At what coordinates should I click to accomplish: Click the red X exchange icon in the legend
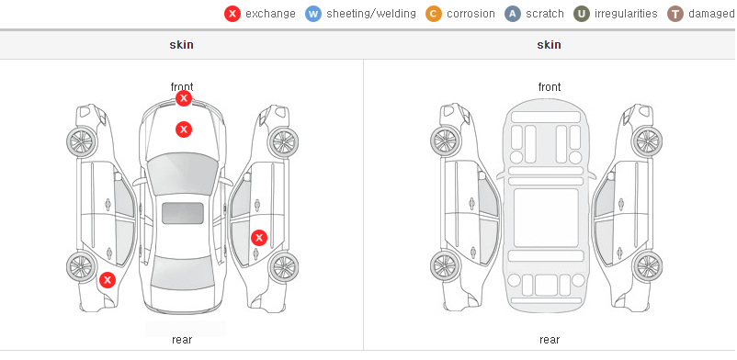coord(232,14)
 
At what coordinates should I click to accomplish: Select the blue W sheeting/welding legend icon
coord(313,14)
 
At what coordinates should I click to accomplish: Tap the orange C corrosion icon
coord(434,14)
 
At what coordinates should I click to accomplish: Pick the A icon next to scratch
coord(513,14)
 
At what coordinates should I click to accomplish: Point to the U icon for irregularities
coord(582,14)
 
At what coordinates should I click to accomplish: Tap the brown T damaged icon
coord(675,14)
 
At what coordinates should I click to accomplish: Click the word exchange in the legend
coord(270,14)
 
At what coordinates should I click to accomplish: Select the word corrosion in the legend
coord(471,14)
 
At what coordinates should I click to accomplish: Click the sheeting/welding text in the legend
coord(371,14)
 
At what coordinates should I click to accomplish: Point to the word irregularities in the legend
coord(626,14)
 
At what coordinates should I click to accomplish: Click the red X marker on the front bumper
coord(184,98)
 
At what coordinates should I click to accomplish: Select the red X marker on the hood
coord(184,129)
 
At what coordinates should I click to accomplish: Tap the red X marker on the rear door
coord(259,238)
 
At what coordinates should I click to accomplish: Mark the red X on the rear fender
coord(108,280)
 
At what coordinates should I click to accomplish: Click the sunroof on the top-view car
coord(183,213)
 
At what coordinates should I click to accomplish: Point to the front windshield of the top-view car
coord(183,174)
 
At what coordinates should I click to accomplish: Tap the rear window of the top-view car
coord(183,273)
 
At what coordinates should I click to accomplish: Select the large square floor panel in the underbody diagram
coord(546,218)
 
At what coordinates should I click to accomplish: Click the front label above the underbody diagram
coord(550,87)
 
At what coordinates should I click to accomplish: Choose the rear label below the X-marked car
coord(182,340)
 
